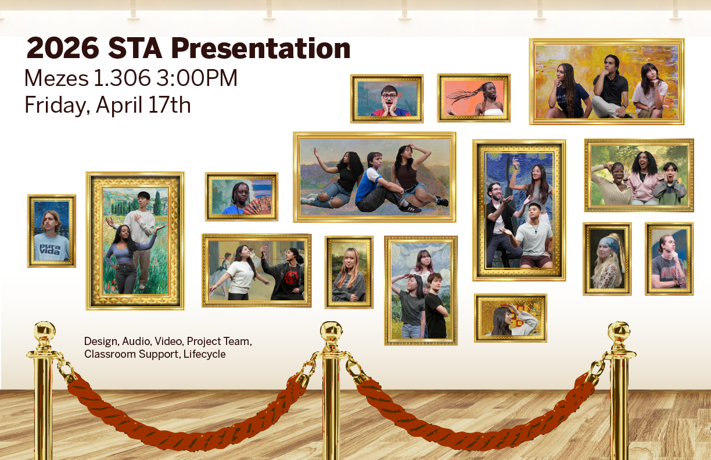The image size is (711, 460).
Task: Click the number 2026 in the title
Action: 63,48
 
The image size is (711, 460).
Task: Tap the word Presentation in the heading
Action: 261,48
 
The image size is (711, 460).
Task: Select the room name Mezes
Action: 56,78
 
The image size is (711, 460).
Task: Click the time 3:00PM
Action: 197,78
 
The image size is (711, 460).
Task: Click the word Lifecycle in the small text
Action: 204,354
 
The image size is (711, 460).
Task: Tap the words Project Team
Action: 220,342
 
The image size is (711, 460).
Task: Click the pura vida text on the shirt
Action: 50,249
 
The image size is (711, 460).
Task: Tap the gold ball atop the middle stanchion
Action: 331,332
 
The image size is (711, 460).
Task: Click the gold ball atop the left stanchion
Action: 45,332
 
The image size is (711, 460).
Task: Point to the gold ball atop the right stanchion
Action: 619,332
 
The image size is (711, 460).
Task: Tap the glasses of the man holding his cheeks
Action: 389,96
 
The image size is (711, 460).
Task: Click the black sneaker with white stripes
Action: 410,208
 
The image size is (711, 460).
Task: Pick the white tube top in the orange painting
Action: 493,112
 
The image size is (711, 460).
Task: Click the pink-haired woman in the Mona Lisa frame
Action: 349,275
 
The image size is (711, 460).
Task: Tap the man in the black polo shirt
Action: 609,87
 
